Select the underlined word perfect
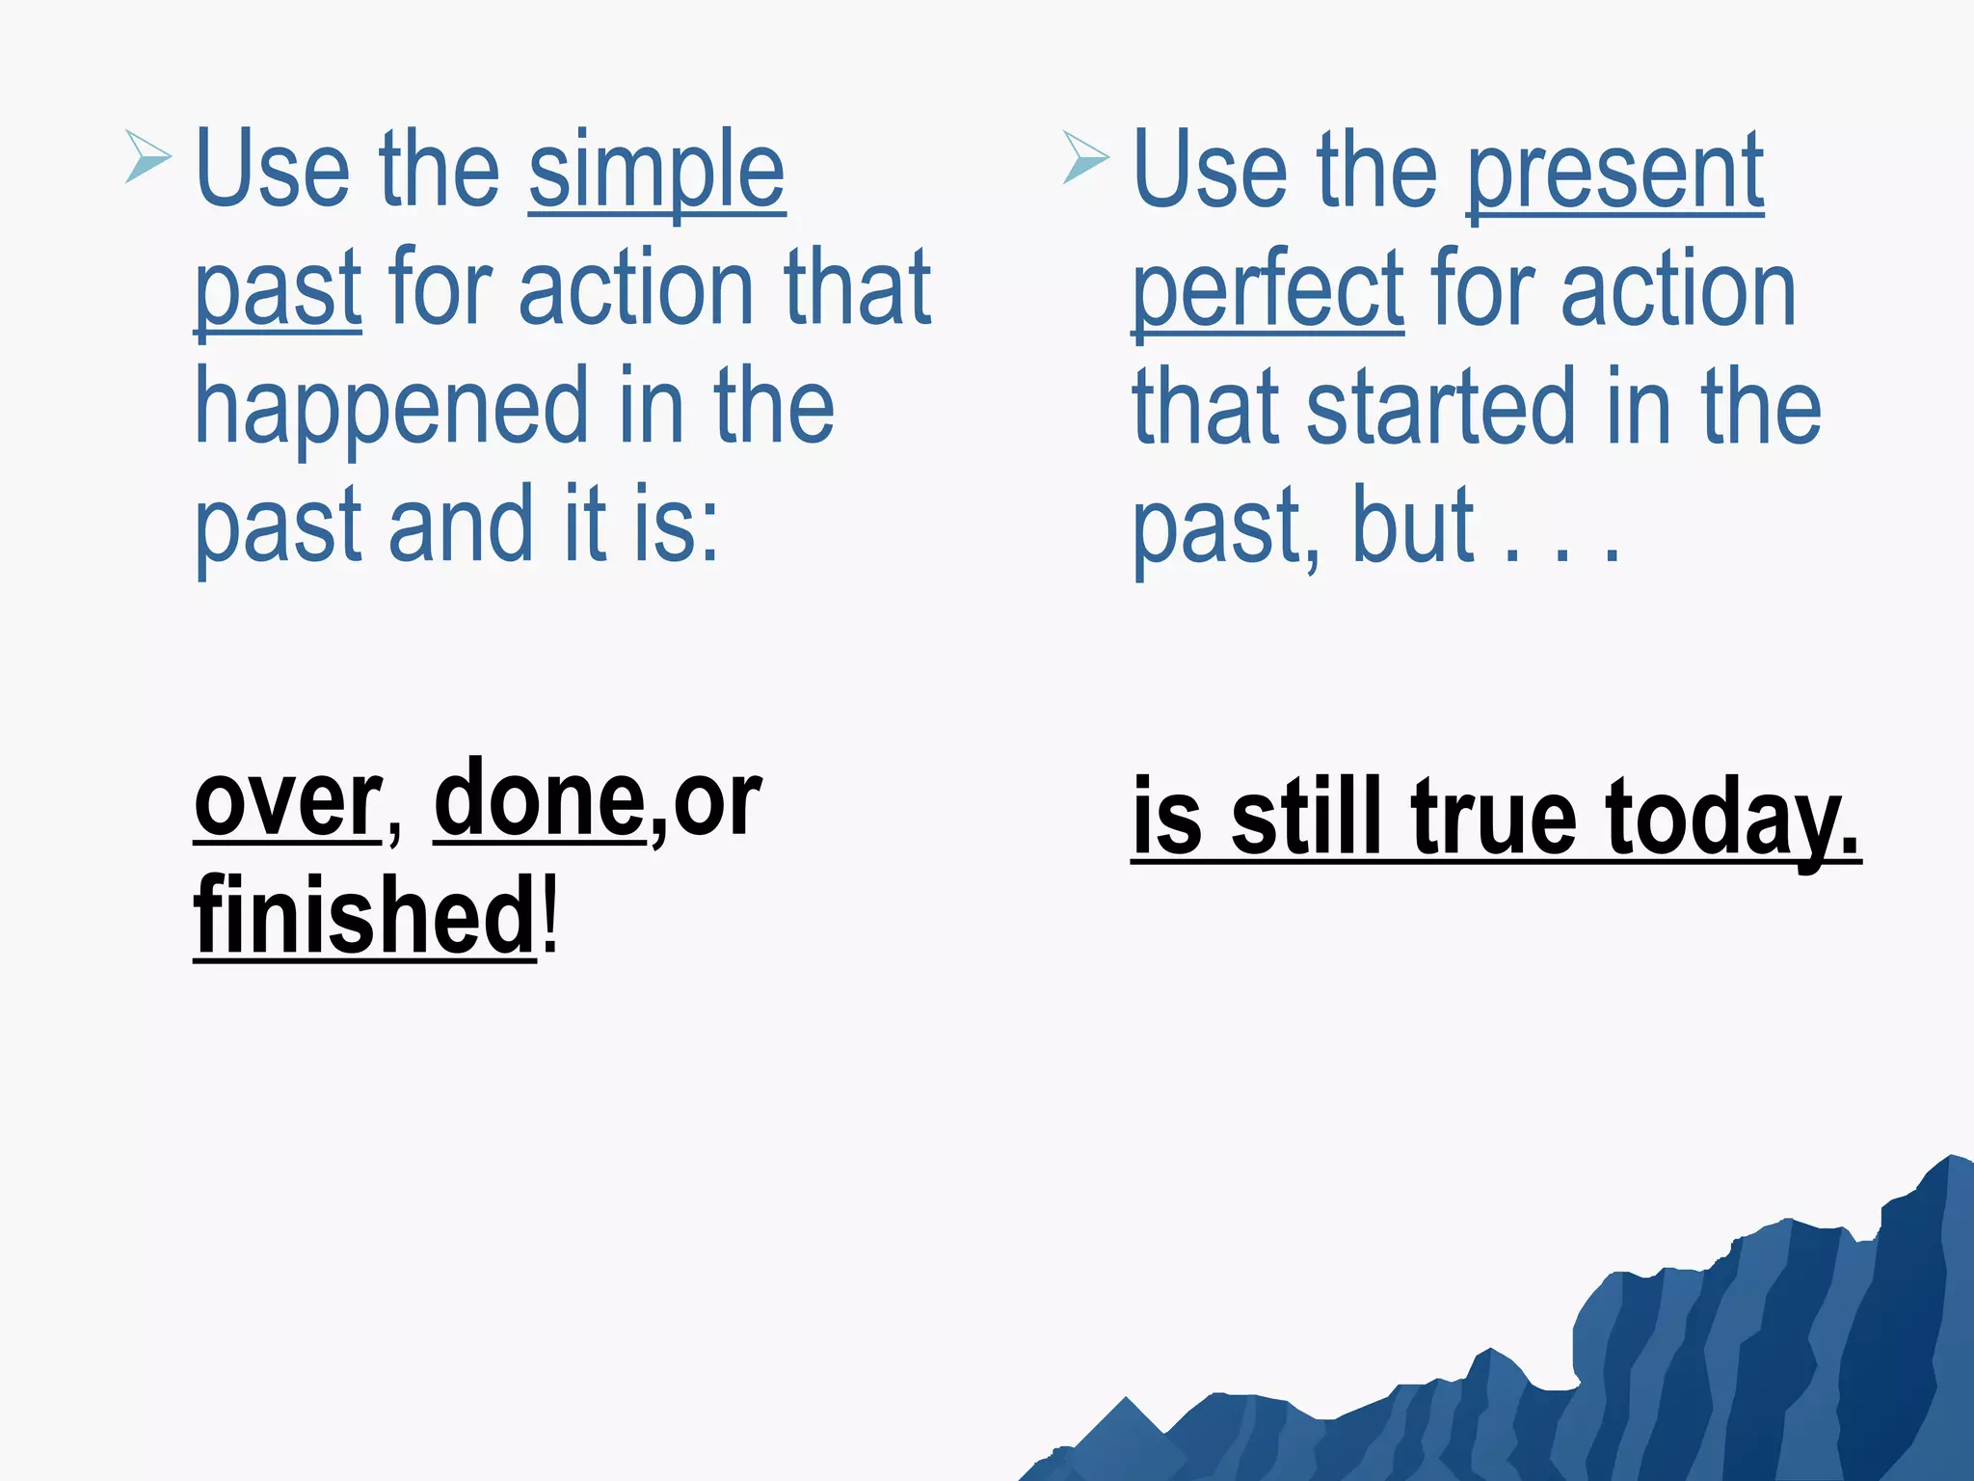coord(1267,290)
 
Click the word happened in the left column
coord(390,409)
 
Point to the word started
coord(1440,409)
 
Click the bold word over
coord(287,802)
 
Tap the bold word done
coord(539,800)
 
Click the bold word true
coord(1494,818)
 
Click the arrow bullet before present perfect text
coord(1085,157)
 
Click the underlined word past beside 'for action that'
coord(278,290)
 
